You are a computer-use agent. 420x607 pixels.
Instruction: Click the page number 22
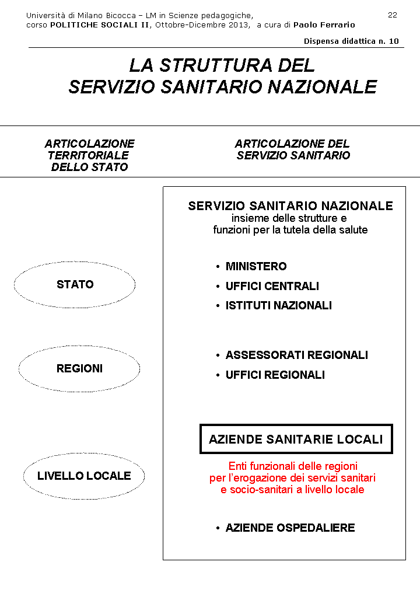pyautogui.click(x=393, y=15)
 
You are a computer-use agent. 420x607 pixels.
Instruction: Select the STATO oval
pyautogui.click(x=75, y=284)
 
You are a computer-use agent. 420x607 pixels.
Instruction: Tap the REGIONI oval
pyautogui.click(x=79, y=369)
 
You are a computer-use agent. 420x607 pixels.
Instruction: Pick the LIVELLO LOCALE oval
pyautogui.click(x=84, y=476)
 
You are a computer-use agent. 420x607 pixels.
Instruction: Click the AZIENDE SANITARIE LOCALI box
pyautogui.click(x=296, y=439)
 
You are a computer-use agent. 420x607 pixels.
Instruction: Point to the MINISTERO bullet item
pyautogui.click(x=256, y=267)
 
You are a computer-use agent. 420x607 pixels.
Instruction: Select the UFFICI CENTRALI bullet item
pyautogui.click(x=272, y=287)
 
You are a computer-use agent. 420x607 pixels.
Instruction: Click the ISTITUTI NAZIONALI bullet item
pyautogui.click(x=278, y=306)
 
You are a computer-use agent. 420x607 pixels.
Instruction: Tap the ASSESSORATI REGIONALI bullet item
pyautogui.click(x=296, y=355)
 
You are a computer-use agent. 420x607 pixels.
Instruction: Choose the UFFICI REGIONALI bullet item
pyautogui.click(x=275, y=375)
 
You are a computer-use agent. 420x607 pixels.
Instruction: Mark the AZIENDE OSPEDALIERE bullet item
pyautogui.click(x=290, y=528)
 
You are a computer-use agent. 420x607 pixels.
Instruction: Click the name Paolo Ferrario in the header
pyautogui.click(x=324, y=25)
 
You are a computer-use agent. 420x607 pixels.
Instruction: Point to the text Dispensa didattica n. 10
pyautogui.click(x=351, y=41)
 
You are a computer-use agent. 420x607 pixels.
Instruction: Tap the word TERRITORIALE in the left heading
pyautogui.click(x=88, y=156)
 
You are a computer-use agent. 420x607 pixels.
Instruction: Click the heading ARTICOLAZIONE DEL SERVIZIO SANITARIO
pyautogui.click(x=293, y=149)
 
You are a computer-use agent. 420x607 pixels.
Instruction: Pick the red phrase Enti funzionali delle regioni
pyautogui.click(x=292, y=466)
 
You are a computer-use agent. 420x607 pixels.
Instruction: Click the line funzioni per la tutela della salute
pyautogui.click(x=290, y=230)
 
